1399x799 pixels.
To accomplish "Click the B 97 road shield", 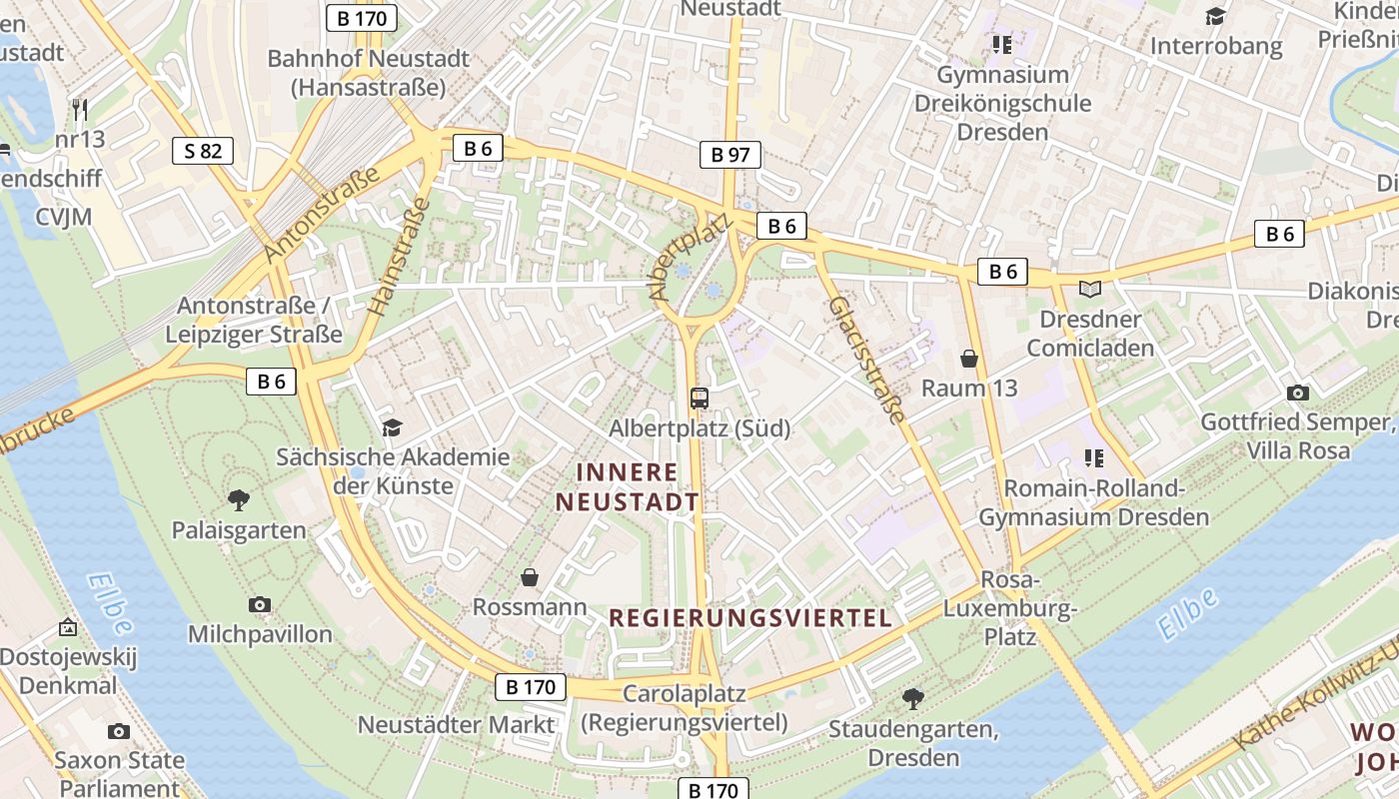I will point(730,155).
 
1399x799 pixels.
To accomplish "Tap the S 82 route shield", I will point(203,151).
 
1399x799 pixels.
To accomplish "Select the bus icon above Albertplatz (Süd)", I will point(699,398).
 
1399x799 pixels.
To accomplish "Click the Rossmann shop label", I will point(530,606).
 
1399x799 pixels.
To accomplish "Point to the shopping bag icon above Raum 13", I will point(968,358).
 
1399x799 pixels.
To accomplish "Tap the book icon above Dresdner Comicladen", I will point(1089,290).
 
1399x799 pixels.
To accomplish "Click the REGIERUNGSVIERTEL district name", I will point(750,618).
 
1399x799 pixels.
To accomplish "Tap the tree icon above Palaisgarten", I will point(238,499).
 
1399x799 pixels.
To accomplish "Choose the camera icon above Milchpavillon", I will point(260,604).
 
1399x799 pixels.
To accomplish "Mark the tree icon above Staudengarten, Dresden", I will point(912,698).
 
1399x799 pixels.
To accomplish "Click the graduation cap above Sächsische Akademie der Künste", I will point(392,427).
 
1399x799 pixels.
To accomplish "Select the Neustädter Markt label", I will point(456,724).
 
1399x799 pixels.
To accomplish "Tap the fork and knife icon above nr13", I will point(80,109).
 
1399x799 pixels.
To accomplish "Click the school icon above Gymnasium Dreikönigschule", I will point(1002,44).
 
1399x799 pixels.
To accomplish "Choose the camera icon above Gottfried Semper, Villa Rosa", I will point(1298,393).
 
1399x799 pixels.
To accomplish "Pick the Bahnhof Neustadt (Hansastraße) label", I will point(368,73).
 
